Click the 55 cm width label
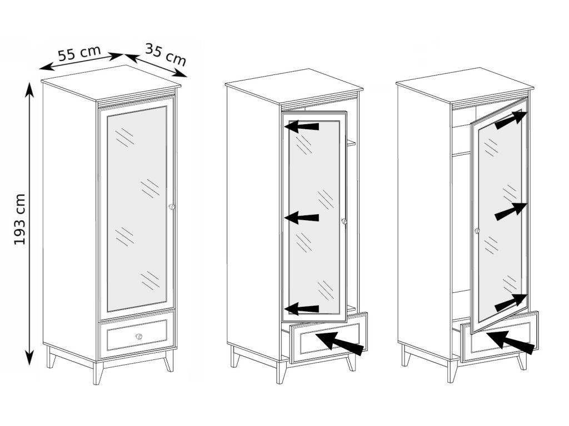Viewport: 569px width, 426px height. point(79,53)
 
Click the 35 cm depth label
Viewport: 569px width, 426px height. point(166,54)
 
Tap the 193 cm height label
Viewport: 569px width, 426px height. point(20,219)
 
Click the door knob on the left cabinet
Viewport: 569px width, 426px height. point(172,207)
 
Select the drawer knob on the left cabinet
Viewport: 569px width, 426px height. point(138,337)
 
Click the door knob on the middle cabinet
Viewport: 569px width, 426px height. point(344,221)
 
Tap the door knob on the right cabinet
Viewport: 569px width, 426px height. point(477,230)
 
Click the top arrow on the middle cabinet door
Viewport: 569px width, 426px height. point(302,126)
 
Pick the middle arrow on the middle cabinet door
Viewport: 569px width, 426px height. point(302,217)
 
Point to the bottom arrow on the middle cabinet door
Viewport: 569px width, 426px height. point(302,308)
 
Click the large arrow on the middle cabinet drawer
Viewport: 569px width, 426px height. point(340,343)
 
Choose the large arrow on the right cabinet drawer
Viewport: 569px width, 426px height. point(511,342)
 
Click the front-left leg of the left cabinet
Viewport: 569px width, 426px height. point(98,372)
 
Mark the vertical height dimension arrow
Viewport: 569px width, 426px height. point(29,224)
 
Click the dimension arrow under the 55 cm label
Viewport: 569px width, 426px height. point(82,62)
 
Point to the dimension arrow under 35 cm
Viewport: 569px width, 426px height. point(156,65)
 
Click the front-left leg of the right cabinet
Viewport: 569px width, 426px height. point(452,371)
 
